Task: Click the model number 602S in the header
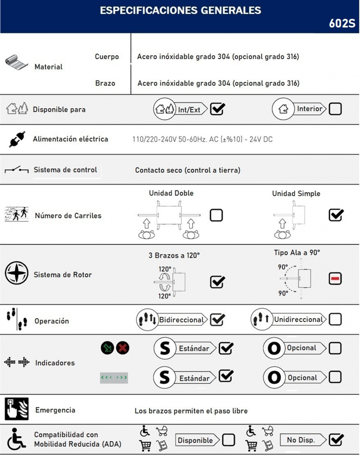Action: click(x=342, y=24)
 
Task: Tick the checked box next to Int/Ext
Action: click(x=217, y=109)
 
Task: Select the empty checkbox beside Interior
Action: click(x=335, y=109)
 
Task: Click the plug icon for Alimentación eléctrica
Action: click(x=17, y=139)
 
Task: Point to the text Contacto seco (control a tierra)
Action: click(x=188, y=170)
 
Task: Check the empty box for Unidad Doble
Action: click(x=217, y=216)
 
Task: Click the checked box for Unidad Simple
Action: click(x=335, y=215)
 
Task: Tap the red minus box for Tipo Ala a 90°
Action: click(x=335, y=279)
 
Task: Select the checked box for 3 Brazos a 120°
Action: click(x=217, y=282)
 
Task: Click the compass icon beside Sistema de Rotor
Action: click(x=16, y=274)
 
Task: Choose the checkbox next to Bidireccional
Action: click(x=217, y=319)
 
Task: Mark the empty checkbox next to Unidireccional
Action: click(x=335, y=319)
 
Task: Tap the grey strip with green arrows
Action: click(x=114, y=378)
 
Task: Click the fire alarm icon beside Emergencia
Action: click(x=16, y=409)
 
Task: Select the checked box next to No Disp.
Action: click(x=336, y=440)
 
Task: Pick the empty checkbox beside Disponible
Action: click(x=229, y=440)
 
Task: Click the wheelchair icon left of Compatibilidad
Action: click(x=16, y=439)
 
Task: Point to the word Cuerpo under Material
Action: click(x=107, y=57)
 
